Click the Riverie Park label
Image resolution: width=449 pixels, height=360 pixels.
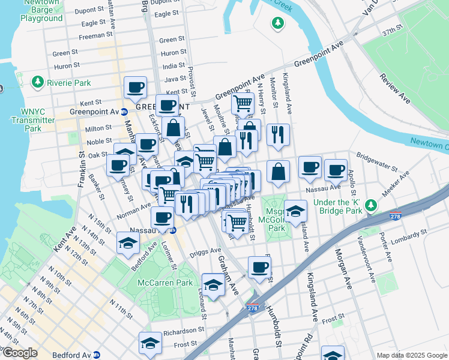coord(67,83)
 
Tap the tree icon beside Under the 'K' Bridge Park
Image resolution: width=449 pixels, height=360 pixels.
coord(372,206)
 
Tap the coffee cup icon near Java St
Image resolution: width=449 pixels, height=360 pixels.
coord(135,88)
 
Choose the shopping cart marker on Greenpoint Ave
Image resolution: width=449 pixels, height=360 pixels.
coord(243,103)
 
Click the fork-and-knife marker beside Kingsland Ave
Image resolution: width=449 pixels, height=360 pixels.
coord(277,134)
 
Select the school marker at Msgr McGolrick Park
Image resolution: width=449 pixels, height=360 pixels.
coord(296,211)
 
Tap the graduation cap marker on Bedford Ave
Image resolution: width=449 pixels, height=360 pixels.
coord(128,243)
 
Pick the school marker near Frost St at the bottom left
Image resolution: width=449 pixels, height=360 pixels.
coord(150,343)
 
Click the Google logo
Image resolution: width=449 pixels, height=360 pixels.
coord(19,353)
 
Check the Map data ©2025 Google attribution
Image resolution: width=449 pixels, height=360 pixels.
coord(411,355)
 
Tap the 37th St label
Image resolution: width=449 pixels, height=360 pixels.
coord(392,30)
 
